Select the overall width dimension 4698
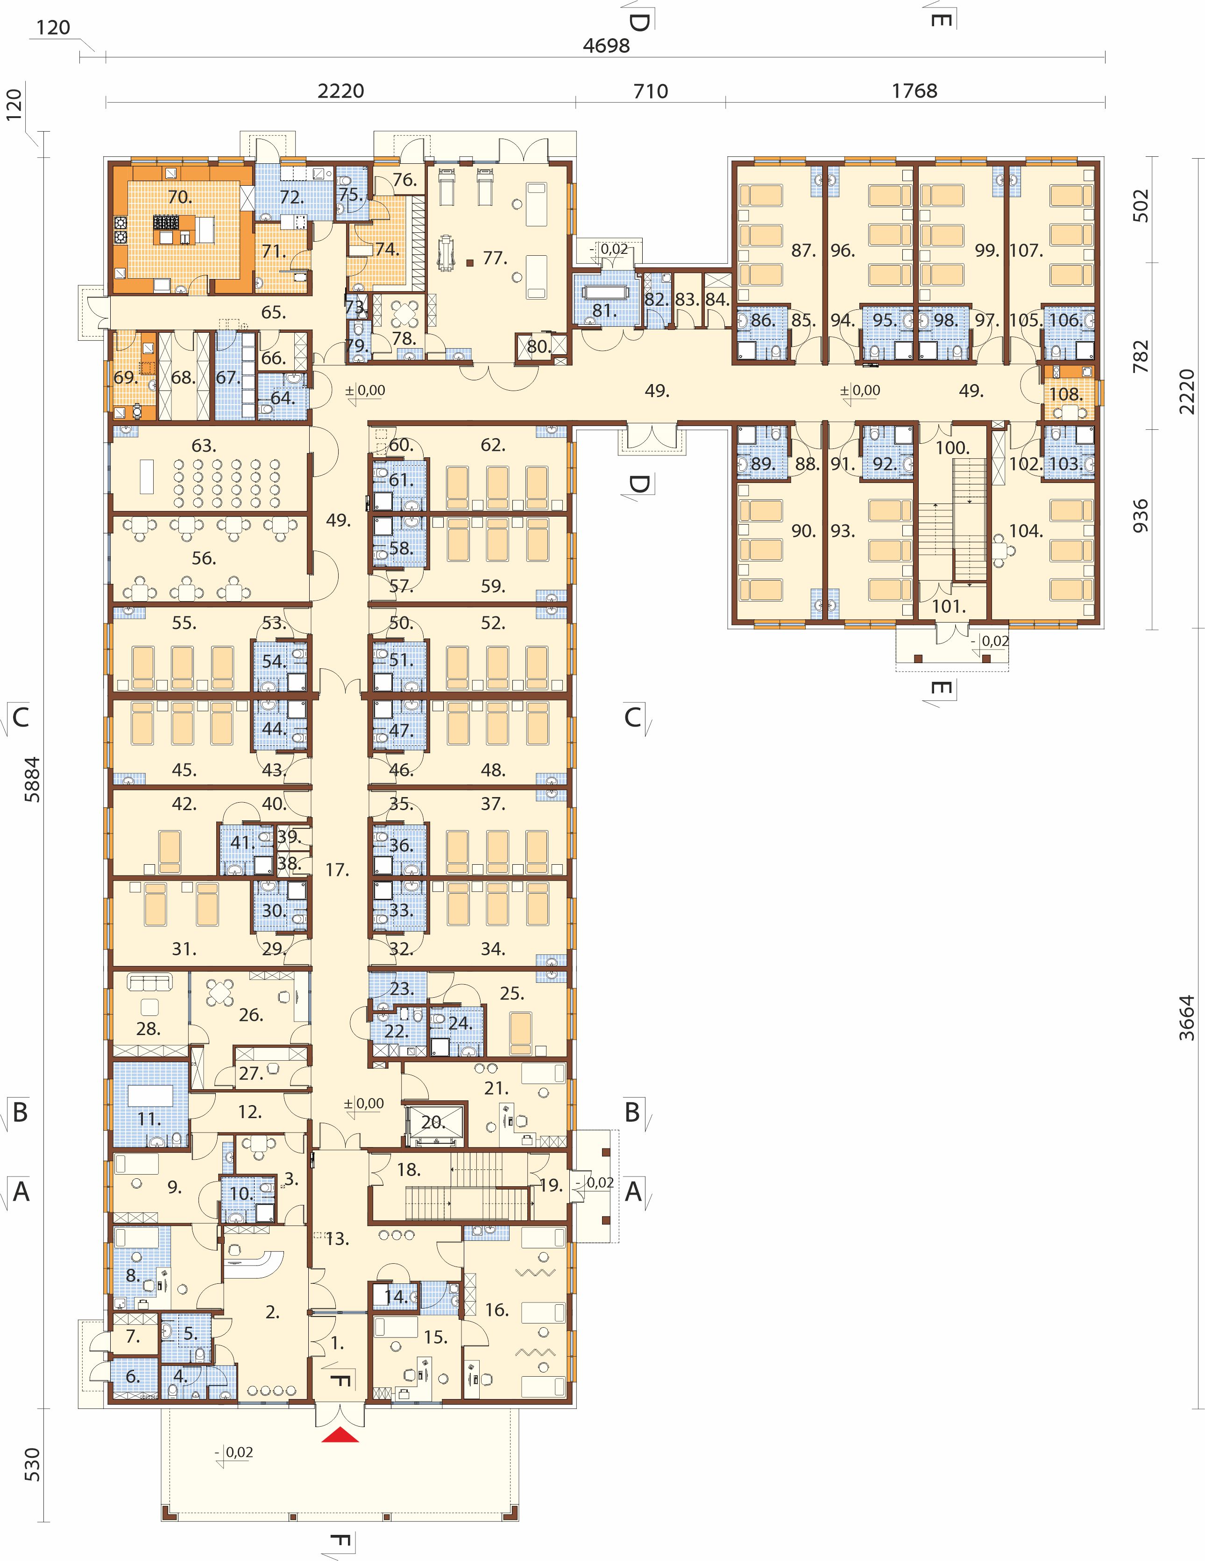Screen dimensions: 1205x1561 pos(606,46)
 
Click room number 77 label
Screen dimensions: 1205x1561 pos(495,257)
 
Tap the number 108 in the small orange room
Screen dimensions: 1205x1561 pos(1065,394)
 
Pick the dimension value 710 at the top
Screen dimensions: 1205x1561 pos(651,91)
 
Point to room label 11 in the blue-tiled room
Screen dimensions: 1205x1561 pos(149,1119)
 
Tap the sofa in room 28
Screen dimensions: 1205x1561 pos(150,982)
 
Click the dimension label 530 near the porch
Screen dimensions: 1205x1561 pos(32,1464)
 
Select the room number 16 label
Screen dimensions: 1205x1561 pos(497,1309)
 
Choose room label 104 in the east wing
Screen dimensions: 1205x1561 pos(1026,530)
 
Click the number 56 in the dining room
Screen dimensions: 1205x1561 pos(204,558)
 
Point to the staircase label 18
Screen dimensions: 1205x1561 pos(408,1169)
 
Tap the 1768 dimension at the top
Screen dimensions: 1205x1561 pos(914,91)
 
